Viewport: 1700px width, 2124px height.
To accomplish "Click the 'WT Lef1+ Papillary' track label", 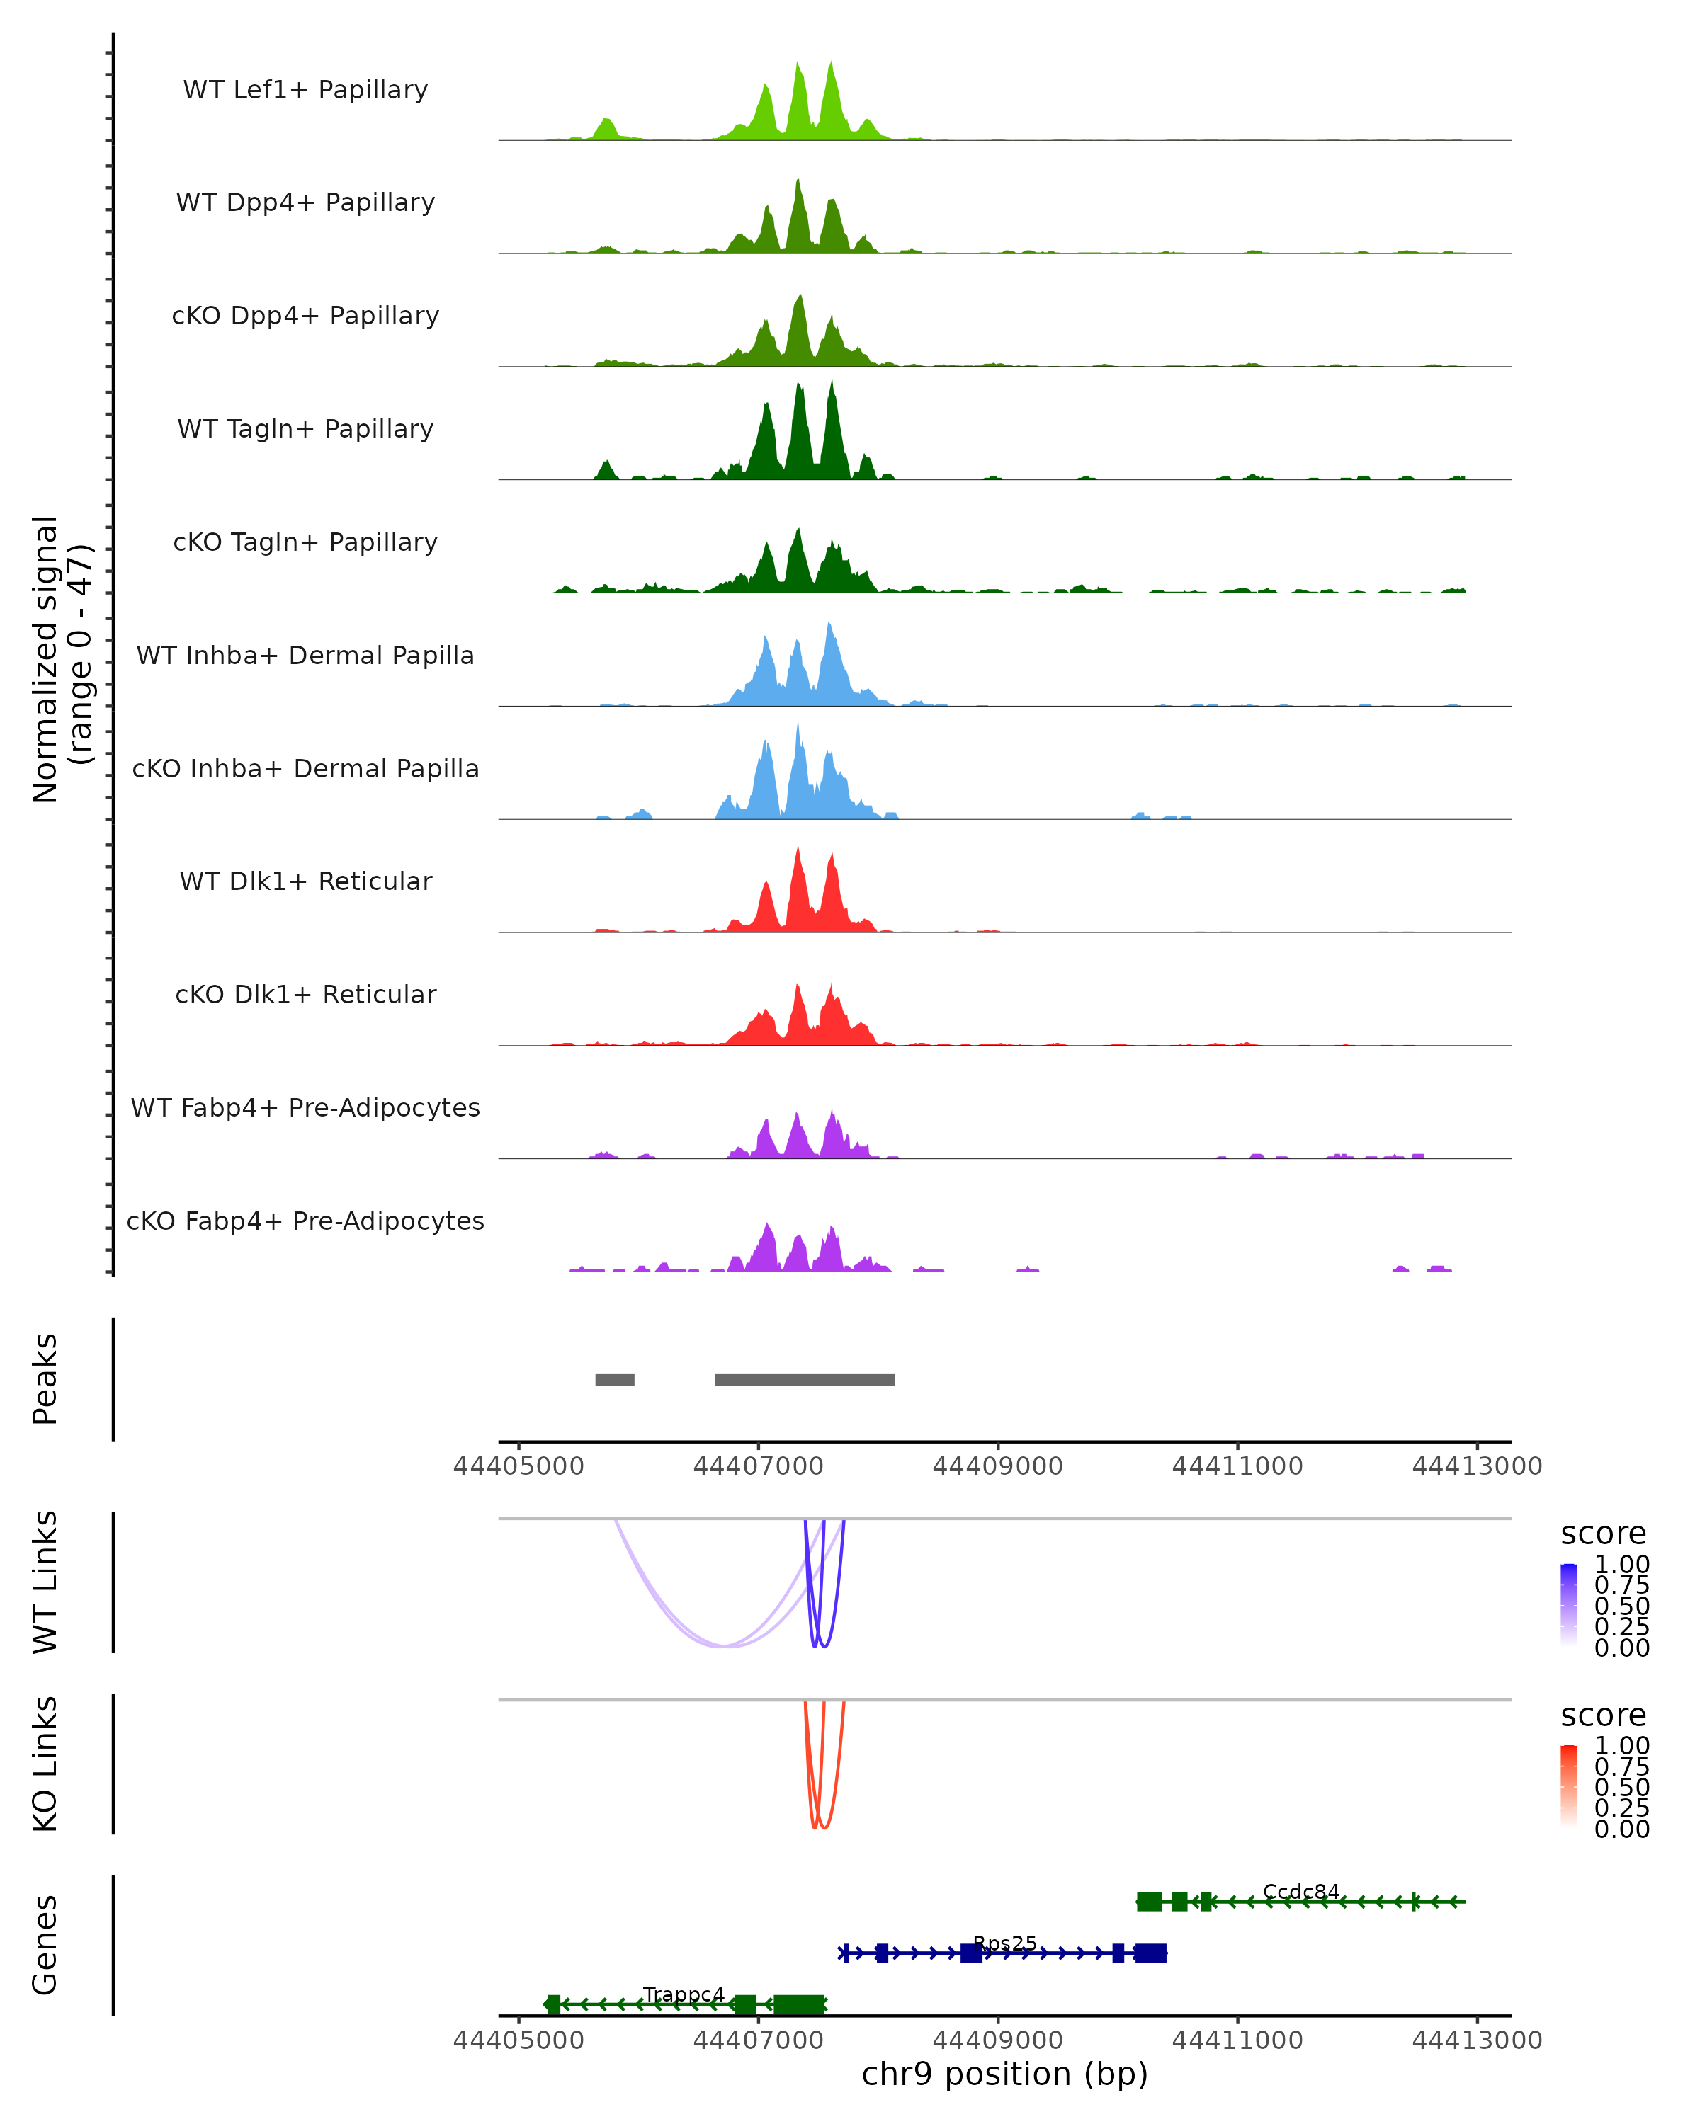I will (305, 91).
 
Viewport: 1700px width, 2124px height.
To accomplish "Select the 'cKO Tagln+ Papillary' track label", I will (305, 543).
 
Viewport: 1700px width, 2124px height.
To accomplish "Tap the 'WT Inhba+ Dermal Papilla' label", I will (305, 656).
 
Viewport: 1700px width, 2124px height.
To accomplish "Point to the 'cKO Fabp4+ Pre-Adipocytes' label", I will (305, 1221).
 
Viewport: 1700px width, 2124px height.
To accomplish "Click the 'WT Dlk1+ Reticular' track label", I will (305, 881).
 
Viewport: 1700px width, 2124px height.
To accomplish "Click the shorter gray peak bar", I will (615, 1379).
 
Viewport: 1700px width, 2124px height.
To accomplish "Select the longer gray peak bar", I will (805, 1379).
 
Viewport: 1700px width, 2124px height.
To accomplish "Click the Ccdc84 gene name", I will (1301, 1892).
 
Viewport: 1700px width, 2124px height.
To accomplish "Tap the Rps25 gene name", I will (1004, 1943).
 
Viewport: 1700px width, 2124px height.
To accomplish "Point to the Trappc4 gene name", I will (684, 1994).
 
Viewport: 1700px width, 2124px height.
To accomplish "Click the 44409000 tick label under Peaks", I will (997, 1467).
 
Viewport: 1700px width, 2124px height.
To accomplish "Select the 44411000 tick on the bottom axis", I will (1237, 2040).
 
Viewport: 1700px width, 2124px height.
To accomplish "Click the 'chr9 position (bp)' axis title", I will (1004, 2074).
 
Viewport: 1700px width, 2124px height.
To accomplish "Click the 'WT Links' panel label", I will (45, 1582).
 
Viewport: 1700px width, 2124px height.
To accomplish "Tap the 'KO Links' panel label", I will (45, 1764).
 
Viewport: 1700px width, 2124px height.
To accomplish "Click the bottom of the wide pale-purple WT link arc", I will (725, 1645).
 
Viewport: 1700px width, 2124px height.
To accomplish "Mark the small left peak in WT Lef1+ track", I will (606, 128).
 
